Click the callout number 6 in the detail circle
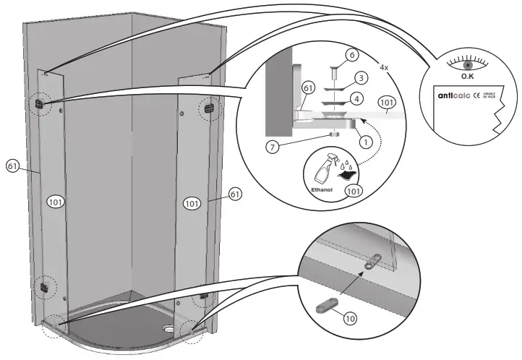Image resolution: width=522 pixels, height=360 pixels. tap(351, 54)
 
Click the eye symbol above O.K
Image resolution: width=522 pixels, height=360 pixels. tap(467, 64)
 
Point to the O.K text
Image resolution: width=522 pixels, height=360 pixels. tap(467, 77)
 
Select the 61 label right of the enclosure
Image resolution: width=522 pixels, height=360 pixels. tap(235, 194)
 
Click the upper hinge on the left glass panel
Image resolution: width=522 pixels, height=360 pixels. tap(40, 104)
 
